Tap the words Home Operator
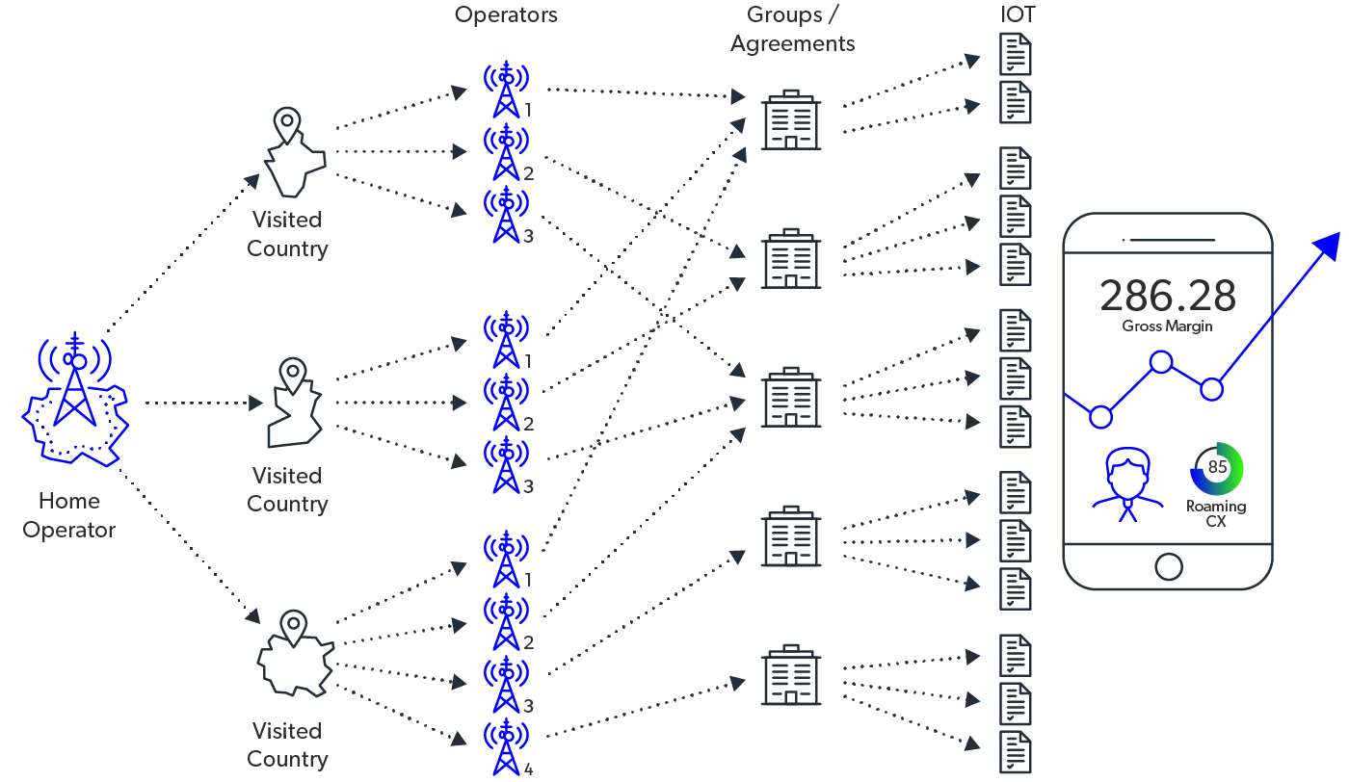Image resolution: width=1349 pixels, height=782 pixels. [x=69, y=515]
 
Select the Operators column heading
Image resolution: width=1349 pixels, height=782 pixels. [x=506, y=15]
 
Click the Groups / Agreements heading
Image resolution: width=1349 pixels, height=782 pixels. [x=792, y=30]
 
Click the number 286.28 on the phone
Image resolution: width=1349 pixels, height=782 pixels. [x=1168, y=296]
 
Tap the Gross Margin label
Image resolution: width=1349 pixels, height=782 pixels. [x=1167, y=326]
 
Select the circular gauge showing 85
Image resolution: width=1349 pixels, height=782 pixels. [x=1217, y=468]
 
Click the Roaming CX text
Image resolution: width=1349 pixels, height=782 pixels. [x=1216, y=513]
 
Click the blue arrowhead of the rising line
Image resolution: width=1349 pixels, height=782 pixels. [x=1331, y=244]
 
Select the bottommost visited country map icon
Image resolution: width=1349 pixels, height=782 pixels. [x=294, y=654]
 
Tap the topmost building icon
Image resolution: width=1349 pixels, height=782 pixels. [x=791, y=119]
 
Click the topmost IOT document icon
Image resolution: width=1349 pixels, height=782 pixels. [x=1016, y=54]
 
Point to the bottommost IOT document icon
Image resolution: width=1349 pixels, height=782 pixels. [x=1016, y=752]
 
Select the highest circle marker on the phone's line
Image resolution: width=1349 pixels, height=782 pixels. [x=1161, y=362]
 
